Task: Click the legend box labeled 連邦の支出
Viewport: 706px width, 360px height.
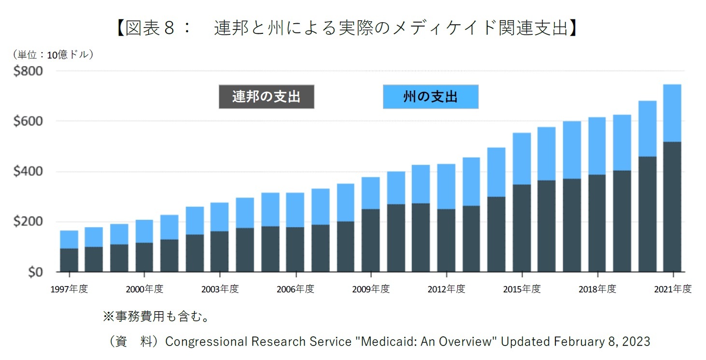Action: point(266,97)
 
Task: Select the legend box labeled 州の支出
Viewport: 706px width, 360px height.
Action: point(430,97)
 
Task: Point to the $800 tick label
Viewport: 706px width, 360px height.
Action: point(28,71)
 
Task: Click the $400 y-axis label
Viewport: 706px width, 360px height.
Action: point(28,172)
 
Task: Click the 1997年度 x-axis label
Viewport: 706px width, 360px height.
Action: point(69,289)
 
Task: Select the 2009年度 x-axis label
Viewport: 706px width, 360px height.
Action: point(370,289)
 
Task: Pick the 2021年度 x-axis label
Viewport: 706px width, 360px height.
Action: point(673,289)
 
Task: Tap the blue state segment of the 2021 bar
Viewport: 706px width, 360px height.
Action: point(672,113)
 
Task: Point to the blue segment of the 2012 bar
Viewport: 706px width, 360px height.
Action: point(446,187)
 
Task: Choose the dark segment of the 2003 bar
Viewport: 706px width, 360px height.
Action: point(220,251)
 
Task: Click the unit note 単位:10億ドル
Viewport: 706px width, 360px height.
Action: point(53,55)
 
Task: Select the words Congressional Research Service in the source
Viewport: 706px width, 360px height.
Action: point(258,342)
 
